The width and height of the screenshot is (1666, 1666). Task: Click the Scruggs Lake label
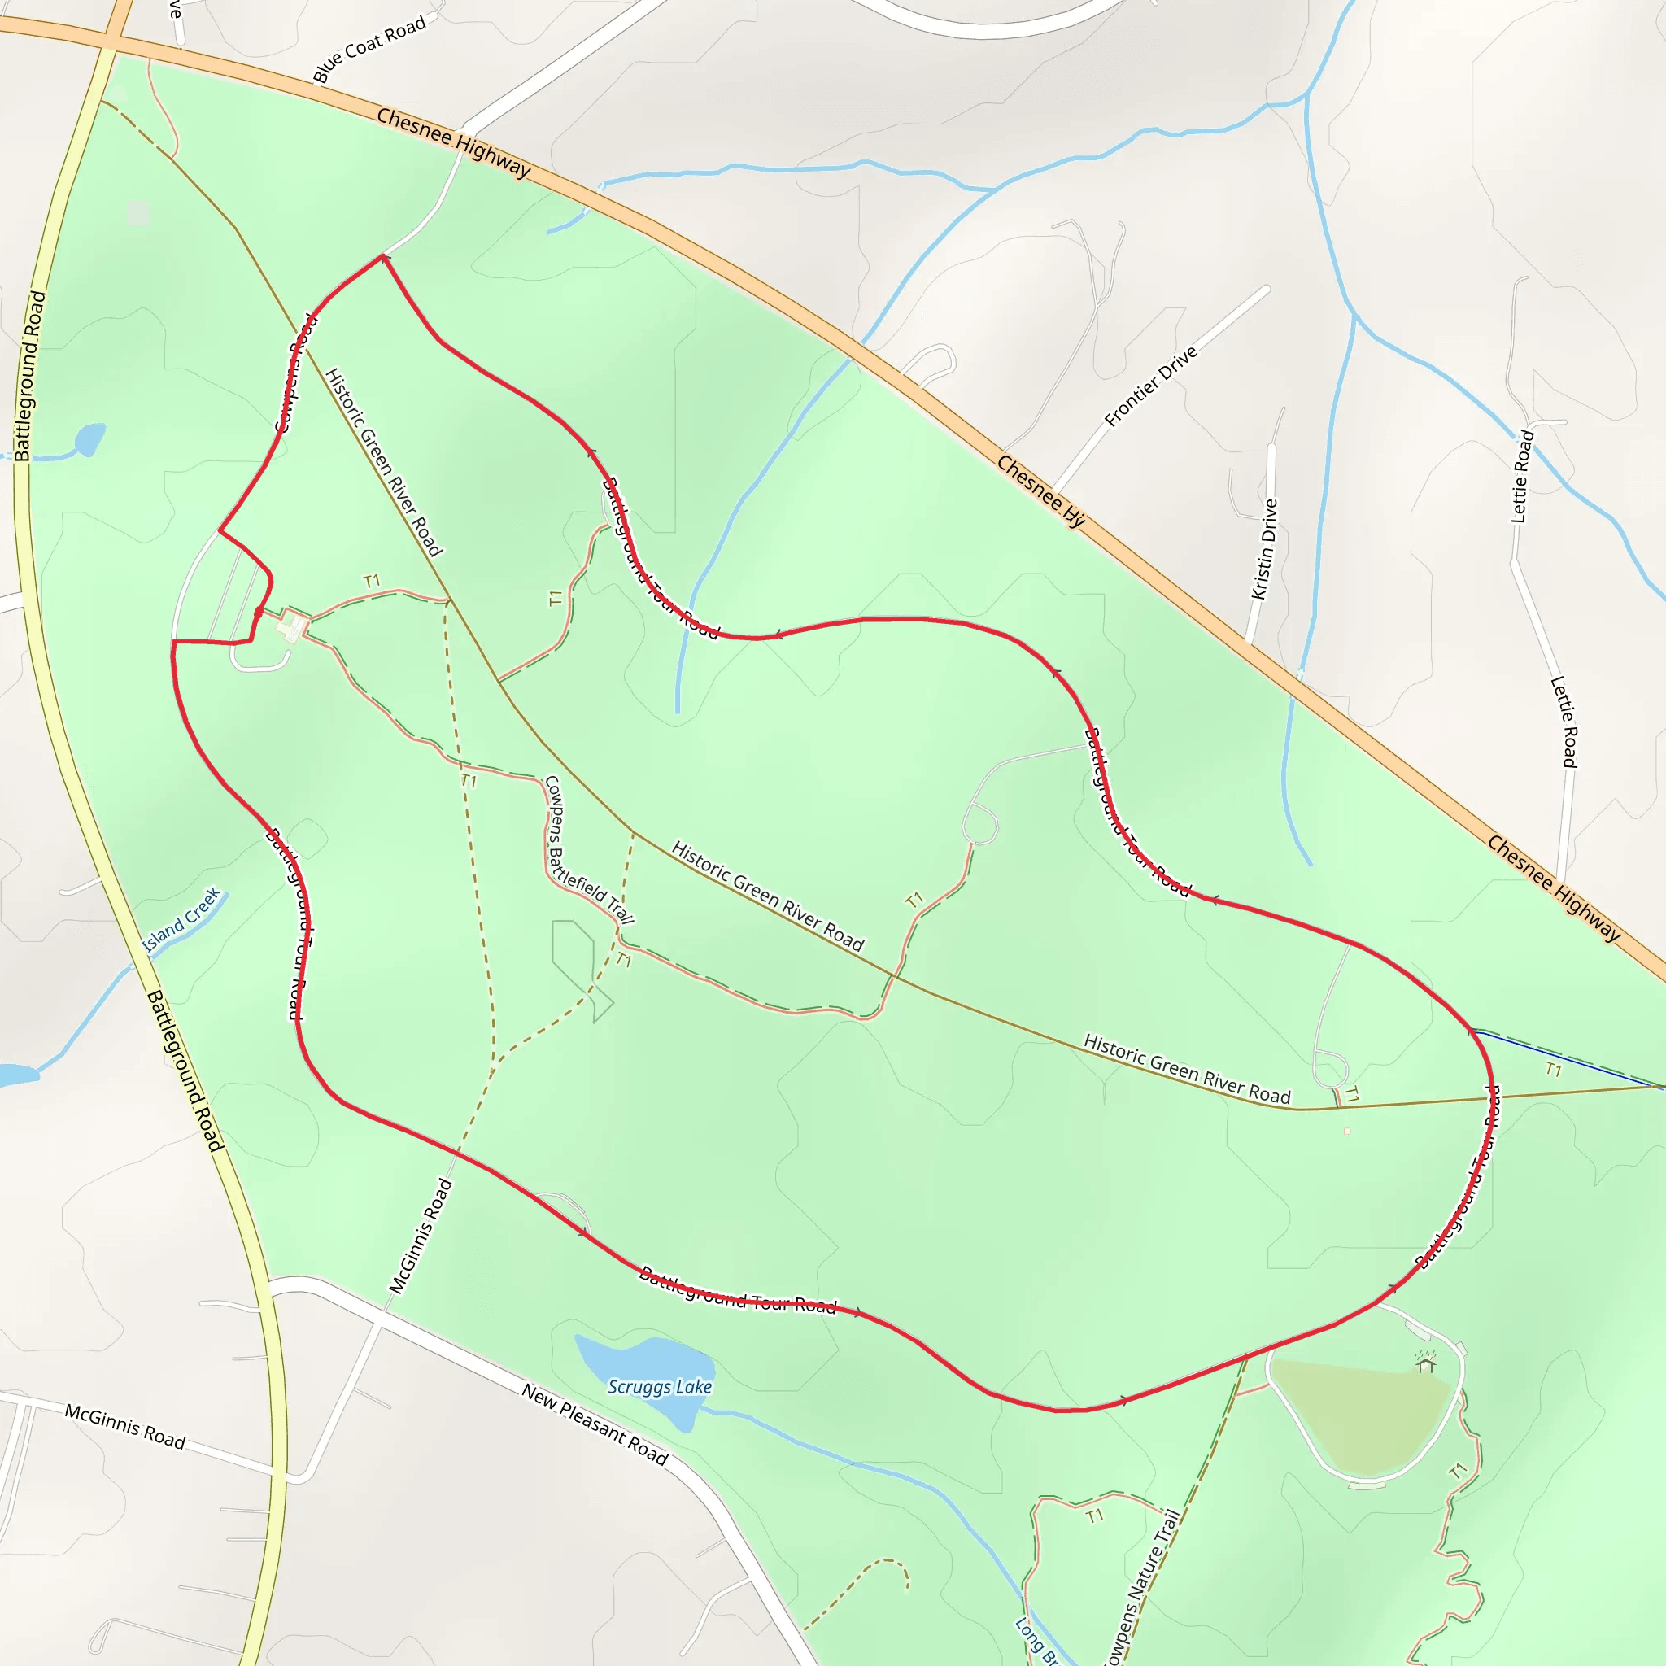[660, 1387]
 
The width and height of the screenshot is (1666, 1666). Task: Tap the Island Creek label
[181, 922]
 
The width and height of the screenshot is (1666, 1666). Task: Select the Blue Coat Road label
[369, 49]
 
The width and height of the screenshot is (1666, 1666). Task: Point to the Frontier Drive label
[1150, 386]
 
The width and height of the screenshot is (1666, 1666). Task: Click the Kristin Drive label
[1264, 549]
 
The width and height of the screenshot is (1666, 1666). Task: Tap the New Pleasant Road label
[595, 1424]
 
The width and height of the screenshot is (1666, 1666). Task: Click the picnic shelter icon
[1425, 1362]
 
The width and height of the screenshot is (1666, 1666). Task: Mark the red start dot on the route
[259, 613]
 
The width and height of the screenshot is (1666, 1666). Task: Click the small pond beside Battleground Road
[89, 439]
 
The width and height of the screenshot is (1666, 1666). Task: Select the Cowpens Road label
[296, 373]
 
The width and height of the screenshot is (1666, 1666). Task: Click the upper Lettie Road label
[1522, 476]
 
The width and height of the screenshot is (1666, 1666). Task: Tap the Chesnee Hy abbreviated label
[1040, 491]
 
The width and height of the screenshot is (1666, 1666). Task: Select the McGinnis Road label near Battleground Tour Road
[420, 1236]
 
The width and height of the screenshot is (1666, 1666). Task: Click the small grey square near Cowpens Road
[138, 212]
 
